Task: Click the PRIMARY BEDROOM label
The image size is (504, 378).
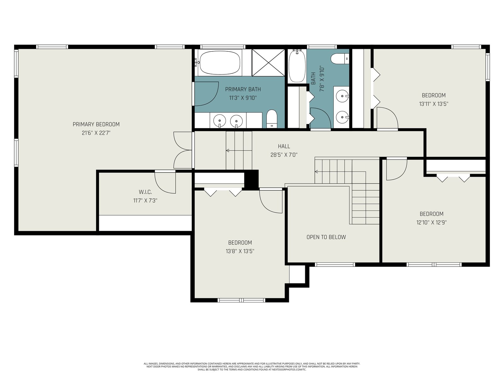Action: pos(96,124)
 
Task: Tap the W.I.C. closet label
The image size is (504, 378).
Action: pos(145,192)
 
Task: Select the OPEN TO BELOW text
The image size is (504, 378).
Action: pos(326,237)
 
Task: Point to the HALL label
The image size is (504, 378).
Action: pos(284,146)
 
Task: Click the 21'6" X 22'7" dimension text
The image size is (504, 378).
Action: pos(96,133)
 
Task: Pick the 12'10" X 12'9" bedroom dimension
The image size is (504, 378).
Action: pos(432,222)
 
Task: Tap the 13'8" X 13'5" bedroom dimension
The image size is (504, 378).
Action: pos(240,251)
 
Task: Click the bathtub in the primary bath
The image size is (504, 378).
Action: pos(220,63)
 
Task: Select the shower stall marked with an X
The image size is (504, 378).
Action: pos(268,62)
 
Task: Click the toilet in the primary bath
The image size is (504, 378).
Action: pos(272,119)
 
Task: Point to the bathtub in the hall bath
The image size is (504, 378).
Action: pos(297,66)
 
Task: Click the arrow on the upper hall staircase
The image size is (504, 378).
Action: pos(239,151)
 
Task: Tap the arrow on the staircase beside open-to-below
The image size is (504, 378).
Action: pos(340,171)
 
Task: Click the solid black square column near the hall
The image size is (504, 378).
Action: pos(251,180)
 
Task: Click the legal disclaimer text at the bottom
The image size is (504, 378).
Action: pos(252,367)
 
